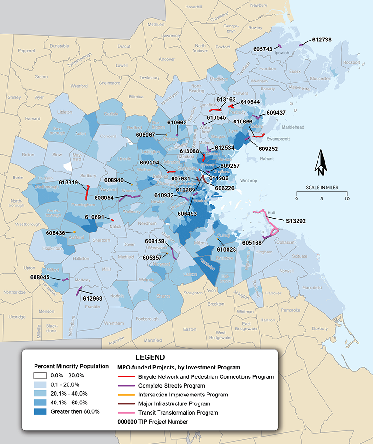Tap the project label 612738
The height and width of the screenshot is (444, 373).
(322, 40)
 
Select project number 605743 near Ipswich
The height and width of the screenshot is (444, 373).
(262, 48)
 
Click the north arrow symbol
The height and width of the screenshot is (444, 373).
(320, 163)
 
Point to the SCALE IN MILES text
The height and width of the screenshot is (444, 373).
(322, 188)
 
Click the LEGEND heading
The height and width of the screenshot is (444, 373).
(150, 357)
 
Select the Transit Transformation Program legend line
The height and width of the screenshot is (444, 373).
(127, 413)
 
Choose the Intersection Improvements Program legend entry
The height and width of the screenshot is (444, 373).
(127, 395)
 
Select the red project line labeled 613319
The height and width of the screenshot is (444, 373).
(87, 191)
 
